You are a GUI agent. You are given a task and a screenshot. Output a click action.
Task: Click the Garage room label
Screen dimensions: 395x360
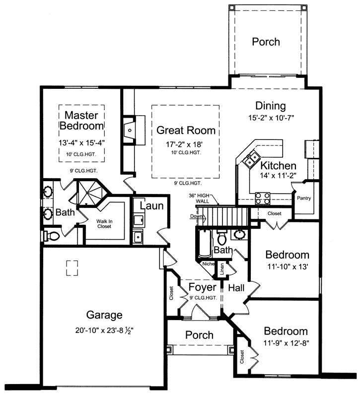click(x=104, y=315)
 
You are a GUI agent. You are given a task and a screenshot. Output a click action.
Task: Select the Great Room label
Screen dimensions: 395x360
click(x=186, y=131)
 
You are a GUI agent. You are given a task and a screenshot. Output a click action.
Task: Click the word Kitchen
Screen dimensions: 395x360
click(x=279, y=166)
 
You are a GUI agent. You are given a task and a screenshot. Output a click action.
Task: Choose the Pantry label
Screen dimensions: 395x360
click(x=304, y=198)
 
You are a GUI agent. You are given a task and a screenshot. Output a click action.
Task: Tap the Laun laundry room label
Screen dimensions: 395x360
click(x=148, y=205)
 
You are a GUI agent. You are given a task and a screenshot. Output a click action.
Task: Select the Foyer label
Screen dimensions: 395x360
click(x=203, y=287)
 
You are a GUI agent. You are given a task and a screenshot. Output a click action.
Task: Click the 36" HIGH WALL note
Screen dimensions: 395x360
click(x=203, y=197)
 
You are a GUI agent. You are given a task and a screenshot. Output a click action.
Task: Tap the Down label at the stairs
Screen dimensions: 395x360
click(x=196, y=217)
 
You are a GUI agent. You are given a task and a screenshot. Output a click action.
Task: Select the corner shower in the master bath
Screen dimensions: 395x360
click(x=89, y=194)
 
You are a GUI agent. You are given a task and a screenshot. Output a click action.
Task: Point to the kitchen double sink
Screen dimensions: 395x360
click(x=249, y=159)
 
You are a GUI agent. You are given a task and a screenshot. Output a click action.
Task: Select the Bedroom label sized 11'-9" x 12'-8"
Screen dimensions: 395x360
click(x=286, y=331)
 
